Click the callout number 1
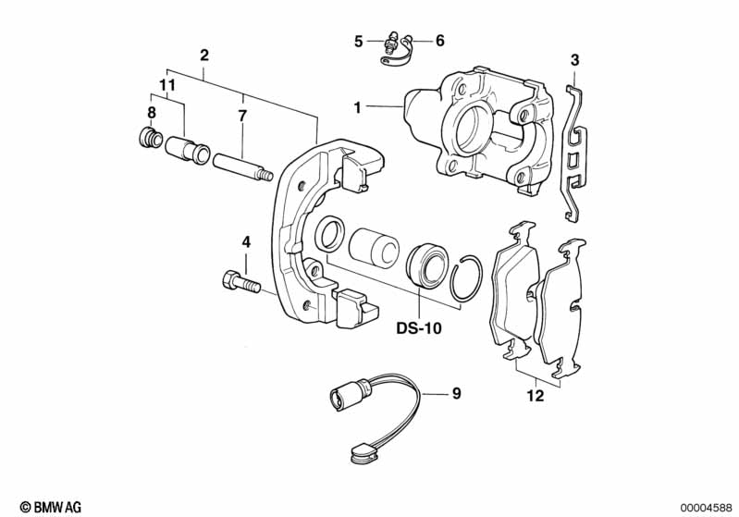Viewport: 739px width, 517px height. (x=357, y=108)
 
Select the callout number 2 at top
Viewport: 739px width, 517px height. (x=204, y=55)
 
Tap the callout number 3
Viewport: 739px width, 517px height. (x=574, y=61)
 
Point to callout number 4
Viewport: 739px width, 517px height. (x=246, y=242)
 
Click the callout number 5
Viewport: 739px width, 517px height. (x=358, y=41)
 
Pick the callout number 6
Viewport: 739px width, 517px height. (x=439, y=41)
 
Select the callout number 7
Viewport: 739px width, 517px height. (x=242, y=117)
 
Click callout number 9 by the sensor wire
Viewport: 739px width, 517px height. (x=455, y=394)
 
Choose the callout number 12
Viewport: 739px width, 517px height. (x=536, y=398)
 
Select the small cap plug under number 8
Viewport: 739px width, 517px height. (x=148, y=141)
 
